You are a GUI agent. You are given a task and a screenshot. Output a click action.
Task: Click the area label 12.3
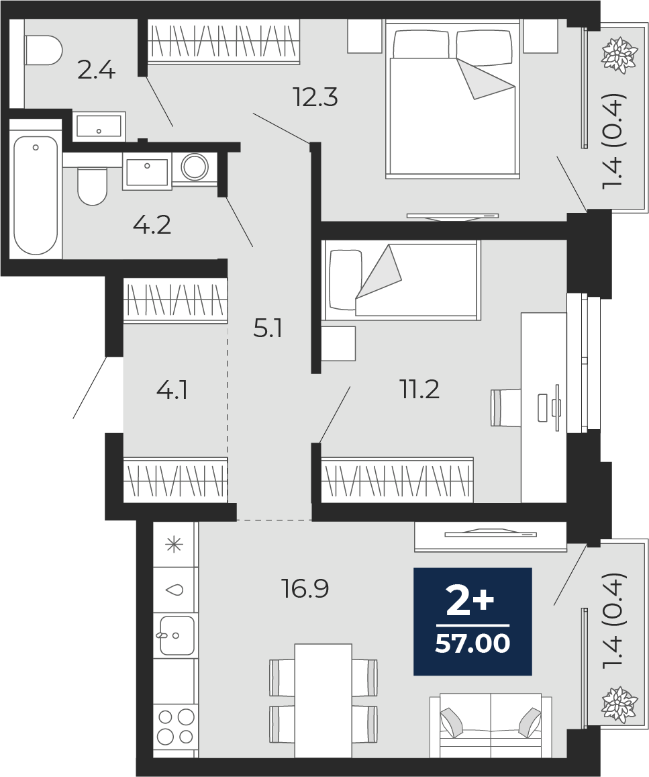[315, 97]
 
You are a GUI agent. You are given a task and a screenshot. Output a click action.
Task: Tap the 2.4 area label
[97, 71]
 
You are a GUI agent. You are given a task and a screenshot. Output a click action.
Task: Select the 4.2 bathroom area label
[152, 226]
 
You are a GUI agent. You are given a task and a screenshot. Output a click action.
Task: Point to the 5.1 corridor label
[267, 328]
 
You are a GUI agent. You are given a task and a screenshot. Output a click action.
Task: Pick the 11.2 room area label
[419, 390]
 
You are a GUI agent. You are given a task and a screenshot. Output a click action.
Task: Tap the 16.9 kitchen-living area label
[305, 589]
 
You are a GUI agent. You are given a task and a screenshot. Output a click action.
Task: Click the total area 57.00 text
[472, 644]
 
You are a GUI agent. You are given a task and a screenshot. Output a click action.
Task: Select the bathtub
[36, 195]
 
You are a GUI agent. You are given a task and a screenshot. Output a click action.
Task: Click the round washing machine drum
[195, 167]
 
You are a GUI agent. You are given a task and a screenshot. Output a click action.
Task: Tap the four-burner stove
[175, 727]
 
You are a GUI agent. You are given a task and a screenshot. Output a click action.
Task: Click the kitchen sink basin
[177, 636]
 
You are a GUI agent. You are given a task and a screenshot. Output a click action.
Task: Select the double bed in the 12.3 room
[452, 99]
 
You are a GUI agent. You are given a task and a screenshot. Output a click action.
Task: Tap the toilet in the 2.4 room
[42, 50]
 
